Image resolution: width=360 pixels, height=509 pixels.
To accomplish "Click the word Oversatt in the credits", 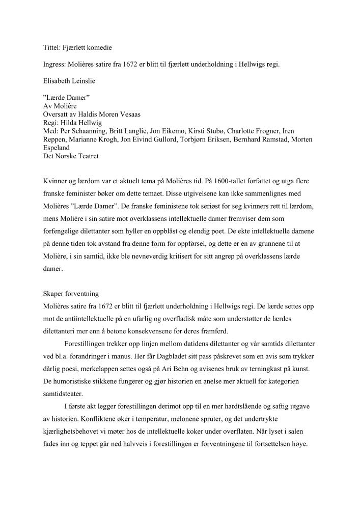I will pyautogui.click(x=56, y=115).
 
